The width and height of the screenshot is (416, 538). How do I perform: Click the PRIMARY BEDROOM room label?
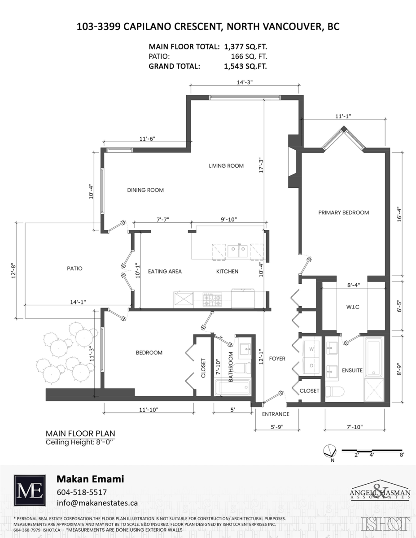click(x=343, y=213)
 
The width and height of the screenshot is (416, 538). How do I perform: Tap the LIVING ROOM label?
click(x=226, y=166)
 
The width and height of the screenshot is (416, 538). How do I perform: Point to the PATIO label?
click(x=74, y=269)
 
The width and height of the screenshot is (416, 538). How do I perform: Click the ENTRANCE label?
click(x=276, y=414)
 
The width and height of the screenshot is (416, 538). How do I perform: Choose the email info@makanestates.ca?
click(x=97, y=503)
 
